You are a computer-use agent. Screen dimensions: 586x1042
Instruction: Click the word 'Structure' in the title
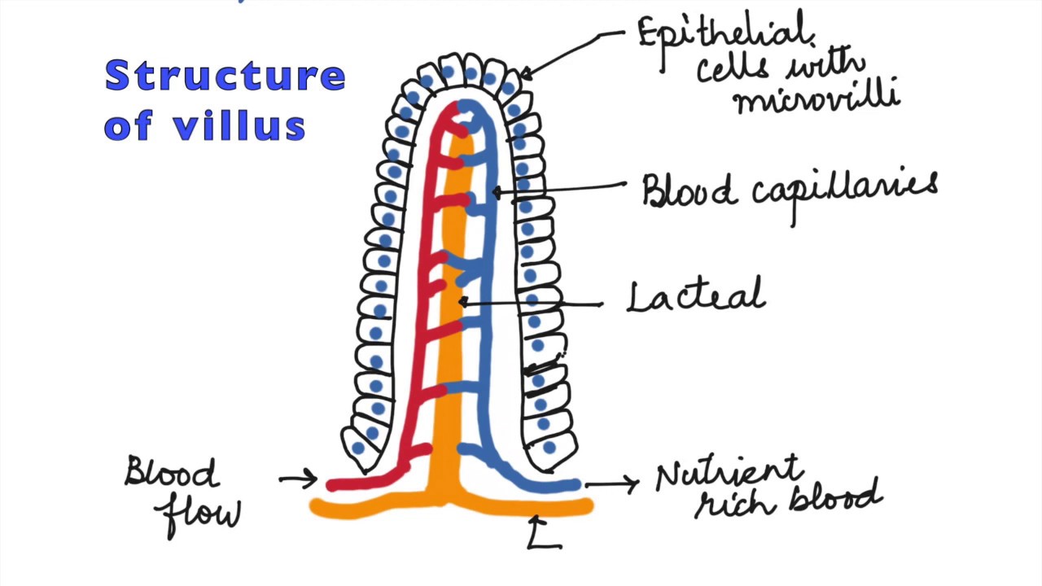225,76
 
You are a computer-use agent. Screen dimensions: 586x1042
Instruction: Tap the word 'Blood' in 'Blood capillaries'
688,191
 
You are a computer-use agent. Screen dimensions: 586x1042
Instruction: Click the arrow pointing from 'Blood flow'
298,479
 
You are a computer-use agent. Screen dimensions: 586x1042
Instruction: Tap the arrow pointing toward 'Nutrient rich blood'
612,484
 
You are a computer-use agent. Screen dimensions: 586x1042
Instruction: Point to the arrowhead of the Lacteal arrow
461,302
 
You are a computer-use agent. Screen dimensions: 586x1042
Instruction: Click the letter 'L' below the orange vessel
544,538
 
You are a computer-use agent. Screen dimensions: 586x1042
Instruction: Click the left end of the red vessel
331,485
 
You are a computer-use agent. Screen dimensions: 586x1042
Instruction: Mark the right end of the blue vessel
576,485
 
